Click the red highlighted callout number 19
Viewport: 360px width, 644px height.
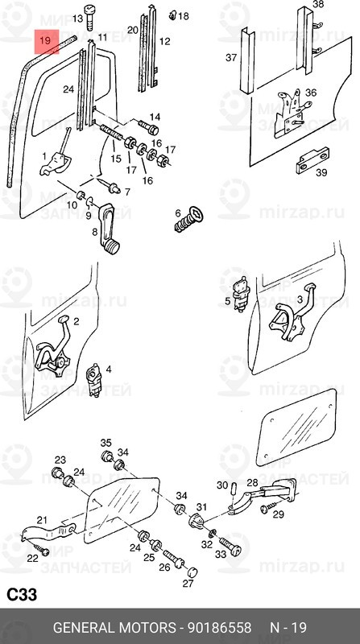(47, 39)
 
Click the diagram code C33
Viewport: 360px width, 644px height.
(22, 595)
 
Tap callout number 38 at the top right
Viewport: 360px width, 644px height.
(318, 5)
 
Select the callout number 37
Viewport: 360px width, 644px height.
(231, 57)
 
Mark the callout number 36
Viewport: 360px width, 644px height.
(311, 93)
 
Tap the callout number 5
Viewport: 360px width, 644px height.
(228, 302)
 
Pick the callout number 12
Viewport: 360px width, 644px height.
(164, 41)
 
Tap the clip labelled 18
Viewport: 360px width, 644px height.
(171, 15)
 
